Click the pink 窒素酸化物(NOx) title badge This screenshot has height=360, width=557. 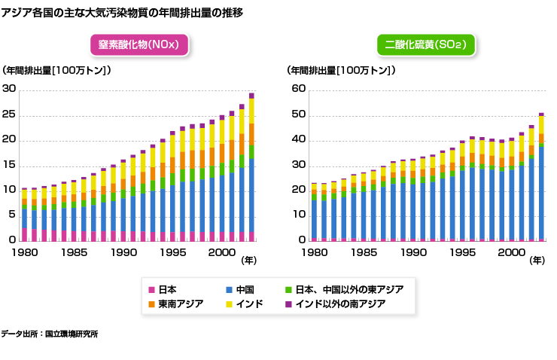(138, 45)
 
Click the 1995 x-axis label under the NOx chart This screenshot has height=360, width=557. (172, 253)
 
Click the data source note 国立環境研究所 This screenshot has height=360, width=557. (49, 333)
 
